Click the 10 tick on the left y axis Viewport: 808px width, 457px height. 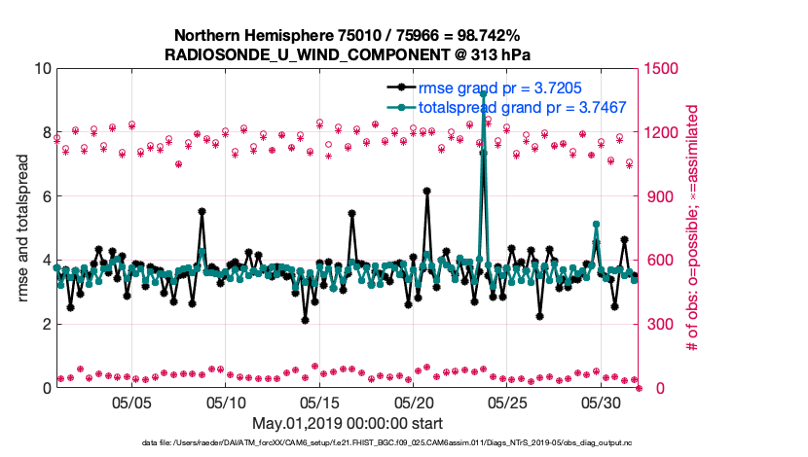(x=40, y=69)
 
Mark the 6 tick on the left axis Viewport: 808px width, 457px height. (x=45, y=196)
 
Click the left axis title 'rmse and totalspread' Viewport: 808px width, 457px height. (x=22, y=228)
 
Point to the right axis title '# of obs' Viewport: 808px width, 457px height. (x=694, y=228)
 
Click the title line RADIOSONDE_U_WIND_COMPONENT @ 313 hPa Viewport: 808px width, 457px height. (x=348, y=54)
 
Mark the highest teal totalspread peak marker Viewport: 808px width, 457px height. (x=483, y=93)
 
